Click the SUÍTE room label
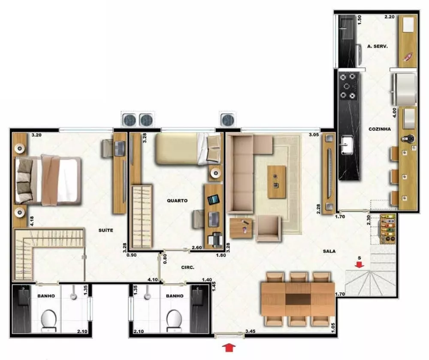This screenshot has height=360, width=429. tap(106, 230)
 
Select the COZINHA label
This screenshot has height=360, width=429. tap(379, 128)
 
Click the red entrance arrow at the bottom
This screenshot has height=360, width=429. tap(227, 346)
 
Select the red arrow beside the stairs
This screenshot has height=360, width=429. tap(360, 265)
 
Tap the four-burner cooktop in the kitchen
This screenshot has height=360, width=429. tap(348, 86)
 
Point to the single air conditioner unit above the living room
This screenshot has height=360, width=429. tap(228, 119)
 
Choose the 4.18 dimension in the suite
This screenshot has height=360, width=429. tap(32, 221)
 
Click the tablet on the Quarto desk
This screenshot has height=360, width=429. tap(213, 200)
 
